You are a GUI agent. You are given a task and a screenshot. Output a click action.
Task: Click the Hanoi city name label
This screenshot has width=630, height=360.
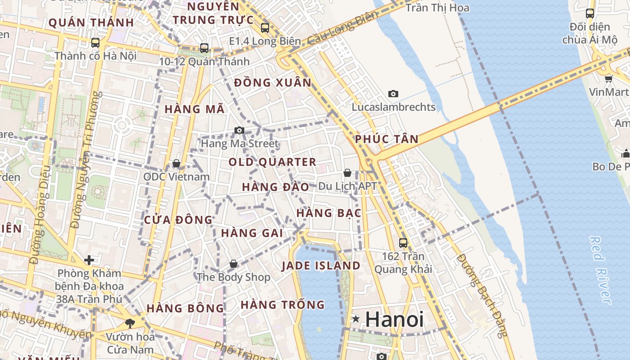[394, 319]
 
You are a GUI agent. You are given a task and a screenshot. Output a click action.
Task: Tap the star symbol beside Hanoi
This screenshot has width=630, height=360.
[356, 319]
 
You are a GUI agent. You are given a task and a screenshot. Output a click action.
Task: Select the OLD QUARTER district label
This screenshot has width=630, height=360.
[272, 162]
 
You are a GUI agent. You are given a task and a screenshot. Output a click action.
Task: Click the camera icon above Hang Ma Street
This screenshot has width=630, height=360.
[239, 130]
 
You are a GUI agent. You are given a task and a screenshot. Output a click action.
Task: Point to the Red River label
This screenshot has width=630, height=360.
[600, 270]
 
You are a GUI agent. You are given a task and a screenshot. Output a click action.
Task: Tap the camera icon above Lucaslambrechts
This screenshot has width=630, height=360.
[393, 94]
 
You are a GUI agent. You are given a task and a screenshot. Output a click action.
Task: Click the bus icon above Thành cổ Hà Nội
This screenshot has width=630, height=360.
[95, 43]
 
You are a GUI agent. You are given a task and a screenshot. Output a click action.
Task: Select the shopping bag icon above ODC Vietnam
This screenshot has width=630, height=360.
[176, 163]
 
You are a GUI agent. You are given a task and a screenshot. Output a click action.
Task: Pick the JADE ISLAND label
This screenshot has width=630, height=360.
[321, 265]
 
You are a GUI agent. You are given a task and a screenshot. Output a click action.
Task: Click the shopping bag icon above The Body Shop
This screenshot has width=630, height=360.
[233, 264]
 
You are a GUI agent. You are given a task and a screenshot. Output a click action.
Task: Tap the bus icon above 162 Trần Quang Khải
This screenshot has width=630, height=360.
[403, 243]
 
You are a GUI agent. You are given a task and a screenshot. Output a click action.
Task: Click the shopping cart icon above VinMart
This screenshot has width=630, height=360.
[608, 79]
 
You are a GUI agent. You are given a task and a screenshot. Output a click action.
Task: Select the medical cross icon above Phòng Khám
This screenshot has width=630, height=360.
[89, 260]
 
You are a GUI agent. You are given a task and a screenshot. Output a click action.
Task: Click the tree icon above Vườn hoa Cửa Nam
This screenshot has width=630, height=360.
[130, 323]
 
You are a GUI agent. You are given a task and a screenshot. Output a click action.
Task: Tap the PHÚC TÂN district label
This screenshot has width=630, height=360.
[387, 139]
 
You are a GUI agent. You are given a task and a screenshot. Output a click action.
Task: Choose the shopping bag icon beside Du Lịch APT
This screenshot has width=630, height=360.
[347, 173]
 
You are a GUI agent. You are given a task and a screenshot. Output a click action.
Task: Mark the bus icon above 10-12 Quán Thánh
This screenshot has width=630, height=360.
[204, 48]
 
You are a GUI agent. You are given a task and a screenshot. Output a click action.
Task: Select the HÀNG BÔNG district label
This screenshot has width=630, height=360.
[185, 308]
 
